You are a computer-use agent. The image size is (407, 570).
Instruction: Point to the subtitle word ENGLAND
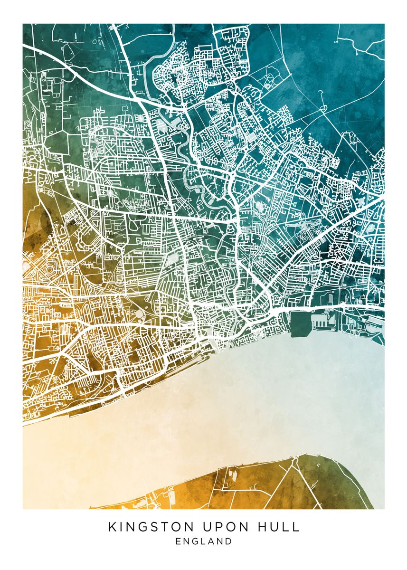[x=204, y=541]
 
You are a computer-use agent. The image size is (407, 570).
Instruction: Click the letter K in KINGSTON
[x=112, y=527]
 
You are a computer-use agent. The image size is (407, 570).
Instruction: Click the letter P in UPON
[x=217, y=527]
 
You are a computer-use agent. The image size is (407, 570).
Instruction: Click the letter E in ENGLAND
[x=178, y=541]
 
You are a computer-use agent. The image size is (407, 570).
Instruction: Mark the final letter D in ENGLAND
[x=229, y=541]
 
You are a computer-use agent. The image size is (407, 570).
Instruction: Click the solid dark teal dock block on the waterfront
[x=300, y=323]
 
